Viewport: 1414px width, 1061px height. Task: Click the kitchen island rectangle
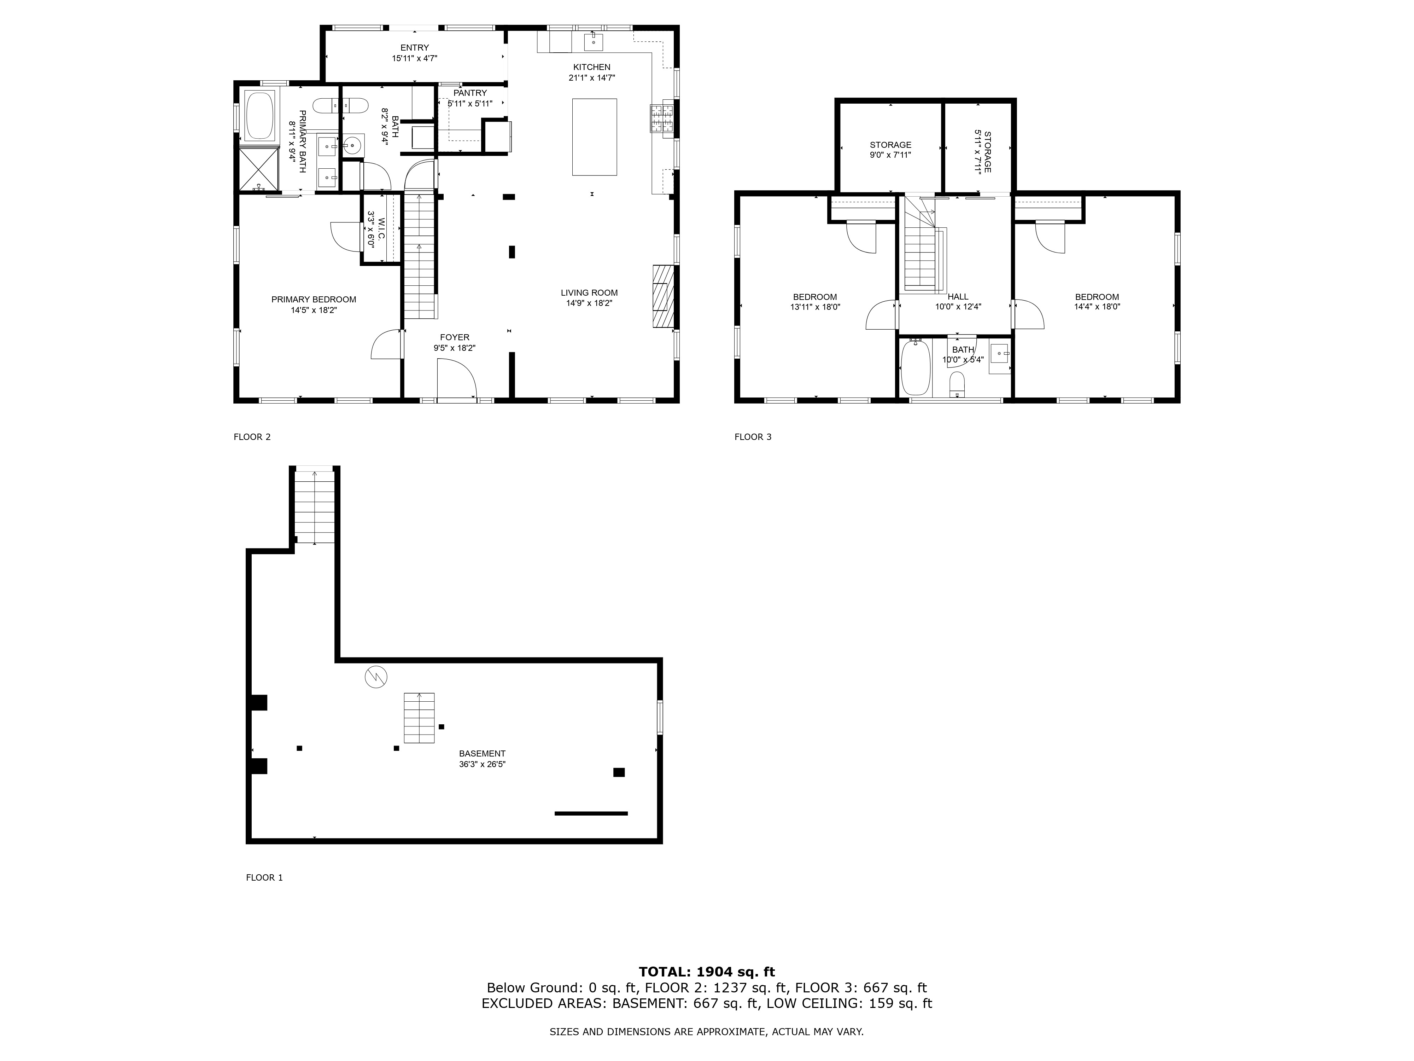[595, 137]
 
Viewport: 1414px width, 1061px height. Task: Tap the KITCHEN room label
[591, 67]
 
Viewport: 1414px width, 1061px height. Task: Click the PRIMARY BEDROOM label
[314, 299]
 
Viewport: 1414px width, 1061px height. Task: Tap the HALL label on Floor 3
[958, 297]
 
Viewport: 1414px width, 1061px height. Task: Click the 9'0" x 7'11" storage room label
[890, 155]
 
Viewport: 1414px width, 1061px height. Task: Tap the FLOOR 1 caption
[264, 877]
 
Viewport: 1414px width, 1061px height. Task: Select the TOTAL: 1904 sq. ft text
[707, 972]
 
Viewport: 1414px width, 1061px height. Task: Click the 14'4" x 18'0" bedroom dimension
[1097, 306]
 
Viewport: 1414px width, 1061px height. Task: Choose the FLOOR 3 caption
[753, 437]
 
